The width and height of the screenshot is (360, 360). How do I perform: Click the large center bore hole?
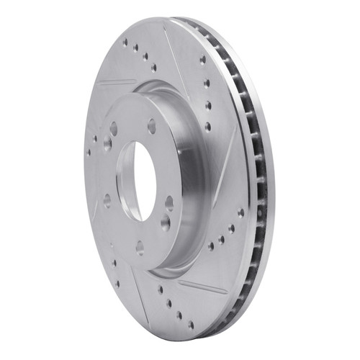pyautogui.click(x=137, y=180)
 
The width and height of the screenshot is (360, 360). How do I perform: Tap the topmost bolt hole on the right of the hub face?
pyautogui.click(x=152, y=126)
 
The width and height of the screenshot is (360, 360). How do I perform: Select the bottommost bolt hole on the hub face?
pyautogui.click(x=140, y=247)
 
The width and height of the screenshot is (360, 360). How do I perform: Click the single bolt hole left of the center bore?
pyautogui.click(x=107, y=199)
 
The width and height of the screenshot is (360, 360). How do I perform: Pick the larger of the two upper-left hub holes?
pyautogui.click(x=113, y=129)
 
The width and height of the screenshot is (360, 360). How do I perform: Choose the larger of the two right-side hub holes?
pyautogui.click(x=165, y=222)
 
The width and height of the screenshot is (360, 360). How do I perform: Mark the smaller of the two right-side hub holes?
pyautogui.click(x=169, y=203)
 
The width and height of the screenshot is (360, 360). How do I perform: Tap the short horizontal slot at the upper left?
pyautogui.click(x=115, y=82)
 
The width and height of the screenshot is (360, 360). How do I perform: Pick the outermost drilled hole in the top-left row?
pyautogui.click(x=124, y=42)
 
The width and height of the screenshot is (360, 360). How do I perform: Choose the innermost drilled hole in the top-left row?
pyautogui.click(x=153, y=68)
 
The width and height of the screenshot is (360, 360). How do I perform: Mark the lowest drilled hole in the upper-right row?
pyautogui.click(x=208, y=127)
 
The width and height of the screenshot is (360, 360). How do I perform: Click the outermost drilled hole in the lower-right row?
pyautogui.click(x=240, y=212)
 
